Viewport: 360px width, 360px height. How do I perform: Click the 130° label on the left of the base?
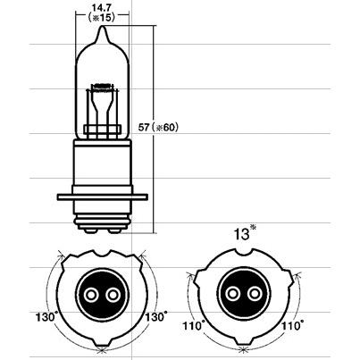point(46,317)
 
